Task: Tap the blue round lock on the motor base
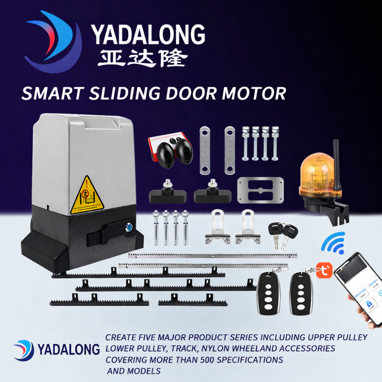(130, 227)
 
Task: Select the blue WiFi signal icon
(333, 243)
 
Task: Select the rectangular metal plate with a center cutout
(260, 191)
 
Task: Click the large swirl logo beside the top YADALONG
(52, 42)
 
